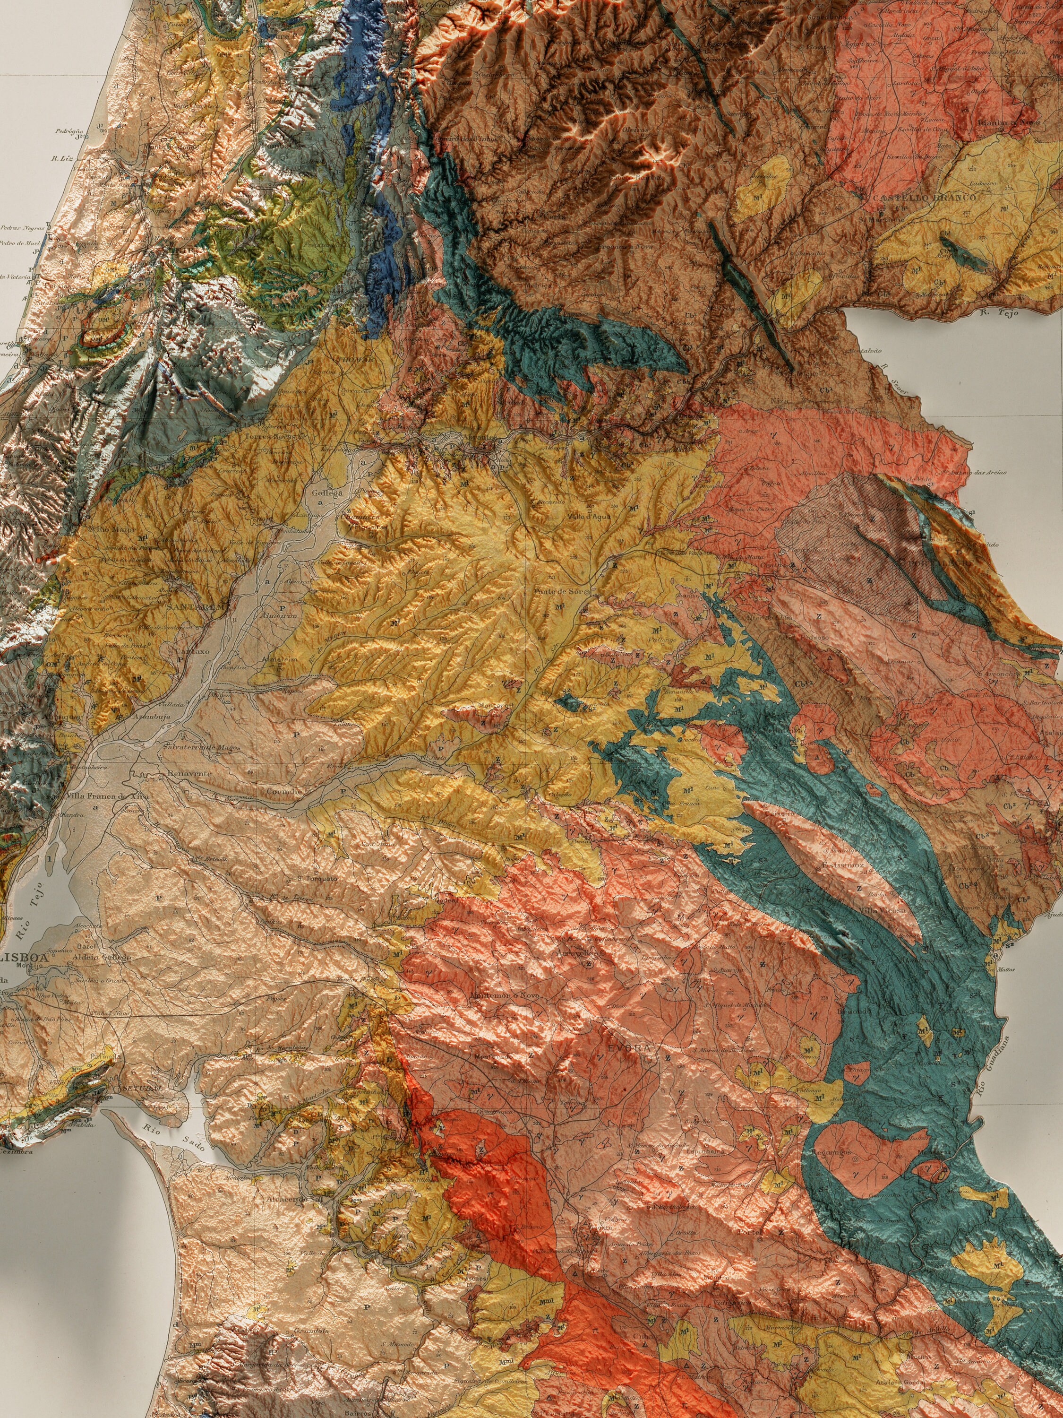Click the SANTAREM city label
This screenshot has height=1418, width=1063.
point(190,606)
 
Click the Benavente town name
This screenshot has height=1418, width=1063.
point(189,774)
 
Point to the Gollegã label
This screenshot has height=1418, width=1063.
point(327,493)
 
